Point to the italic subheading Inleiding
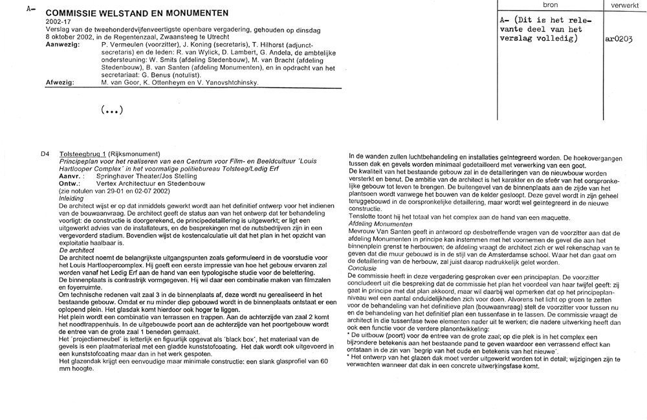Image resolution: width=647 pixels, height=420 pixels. point(71,199)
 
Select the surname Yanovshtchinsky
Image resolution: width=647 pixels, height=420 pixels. point(229,83)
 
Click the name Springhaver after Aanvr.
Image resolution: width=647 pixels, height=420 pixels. point(115,176)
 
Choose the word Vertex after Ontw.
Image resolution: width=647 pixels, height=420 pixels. point(107,183)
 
